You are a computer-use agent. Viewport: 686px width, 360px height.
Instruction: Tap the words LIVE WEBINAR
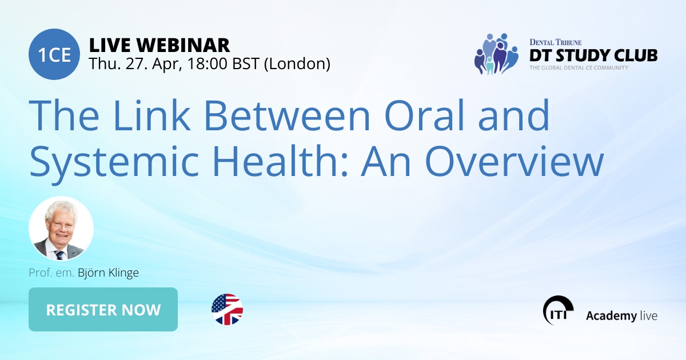[x=159, y=45]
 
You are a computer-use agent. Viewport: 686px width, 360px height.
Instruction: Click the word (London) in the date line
[x=297, y=63]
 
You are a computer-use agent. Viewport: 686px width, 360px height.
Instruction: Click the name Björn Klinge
[x=108, y=273]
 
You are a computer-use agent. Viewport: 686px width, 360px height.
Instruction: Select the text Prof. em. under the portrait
[x=51, y=273]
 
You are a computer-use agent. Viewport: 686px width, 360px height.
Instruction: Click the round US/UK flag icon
[x=227, y=309]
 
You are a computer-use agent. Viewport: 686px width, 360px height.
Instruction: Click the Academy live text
[x=621, y=315]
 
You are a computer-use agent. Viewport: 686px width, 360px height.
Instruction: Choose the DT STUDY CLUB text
[x=593, y=55]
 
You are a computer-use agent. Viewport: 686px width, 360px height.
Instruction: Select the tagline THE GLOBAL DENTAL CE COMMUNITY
[x=579, y=67]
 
